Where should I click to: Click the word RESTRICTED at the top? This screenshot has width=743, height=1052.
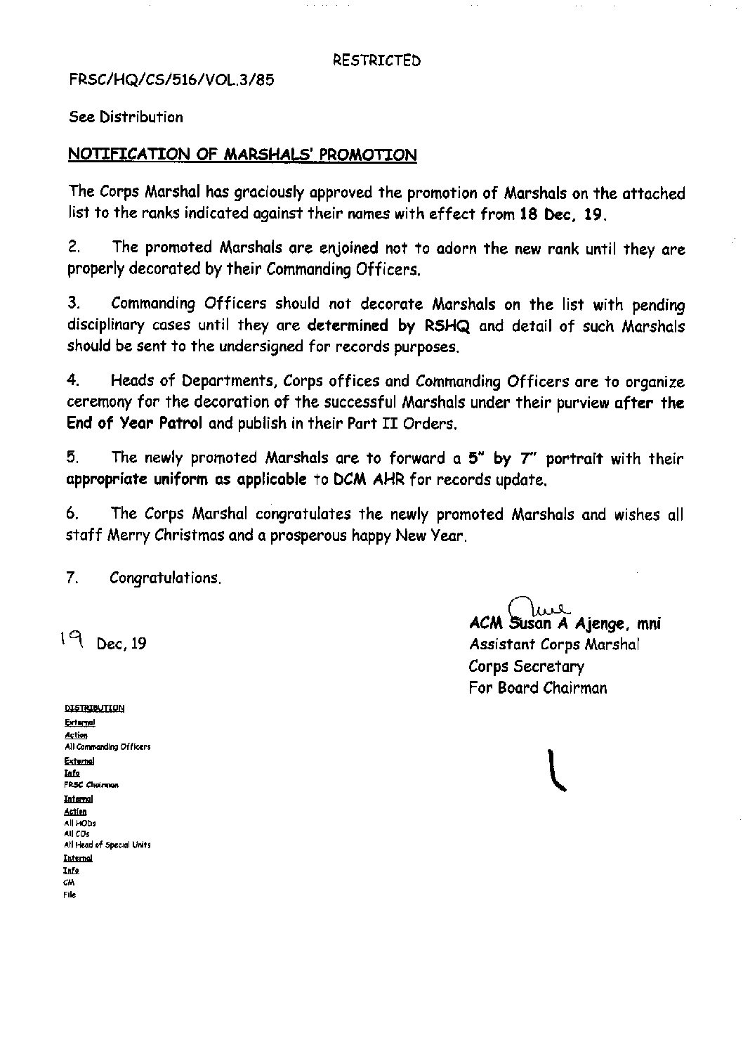pos(376,60)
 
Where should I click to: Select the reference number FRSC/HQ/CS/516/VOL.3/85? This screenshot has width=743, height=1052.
pos(171,79)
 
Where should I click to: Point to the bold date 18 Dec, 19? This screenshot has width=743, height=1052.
pos(562,214)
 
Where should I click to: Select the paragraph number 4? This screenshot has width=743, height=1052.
pos(72,381)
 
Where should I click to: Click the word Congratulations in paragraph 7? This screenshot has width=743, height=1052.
pos(166,578)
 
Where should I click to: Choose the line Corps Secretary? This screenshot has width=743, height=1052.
pos(526,666)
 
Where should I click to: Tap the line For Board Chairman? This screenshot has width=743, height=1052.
pos(537,688)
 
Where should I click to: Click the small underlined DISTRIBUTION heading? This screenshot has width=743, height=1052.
pos(94,708)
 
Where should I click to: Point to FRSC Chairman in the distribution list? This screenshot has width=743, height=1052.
pos(91,784)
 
